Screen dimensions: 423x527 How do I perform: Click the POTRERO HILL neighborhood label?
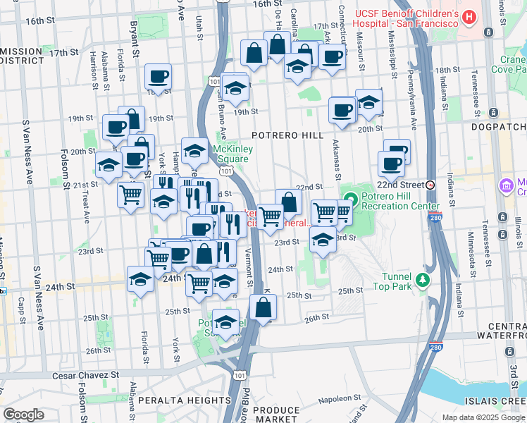(x=289, y=135)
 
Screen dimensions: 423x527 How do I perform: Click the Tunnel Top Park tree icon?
(x=423, y=281)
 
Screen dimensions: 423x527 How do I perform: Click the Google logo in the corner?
(x=23, y=415)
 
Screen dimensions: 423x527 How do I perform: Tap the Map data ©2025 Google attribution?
(x=483, y=417)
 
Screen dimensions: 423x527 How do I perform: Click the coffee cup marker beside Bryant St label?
(x=158, y=76)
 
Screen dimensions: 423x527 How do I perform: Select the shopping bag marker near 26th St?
(x=263, y=307)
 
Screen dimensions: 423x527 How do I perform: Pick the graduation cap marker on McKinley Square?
(x=194, y=149)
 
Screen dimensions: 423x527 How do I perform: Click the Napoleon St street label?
(x=333, y=398)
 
